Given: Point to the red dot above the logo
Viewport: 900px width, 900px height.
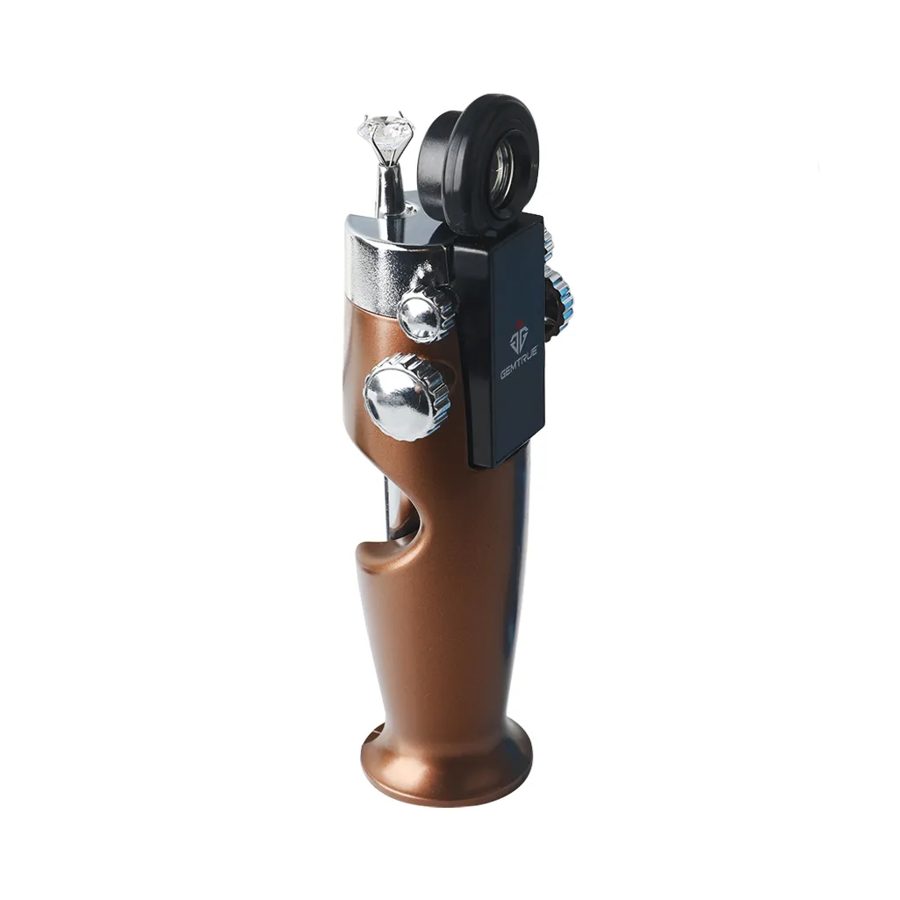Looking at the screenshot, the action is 519,322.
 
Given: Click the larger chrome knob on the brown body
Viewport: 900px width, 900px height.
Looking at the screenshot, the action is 407,397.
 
